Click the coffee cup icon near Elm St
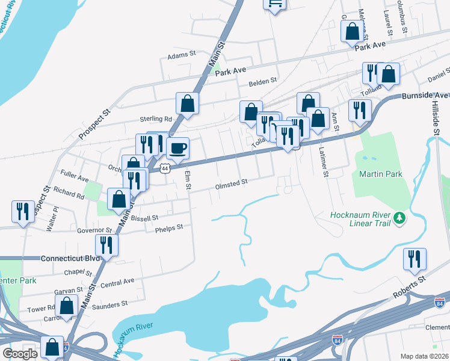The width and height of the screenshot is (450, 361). [177, 147]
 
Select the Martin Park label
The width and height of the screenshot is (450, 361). [381, 174]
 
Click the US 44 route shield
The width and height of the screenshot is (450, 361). [165, 168]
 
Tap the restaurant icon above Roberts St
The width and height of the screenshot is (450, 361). [415, 259]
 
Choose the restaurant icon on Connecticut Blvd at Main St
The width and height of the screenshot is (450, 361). [106, 245]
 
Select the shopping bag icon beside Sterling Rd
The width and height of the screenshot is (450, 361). [187, 103]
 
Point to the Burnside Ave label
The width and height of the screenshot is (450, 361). [425, 95]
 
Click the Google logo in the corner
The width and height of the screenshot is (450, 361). [19, 354]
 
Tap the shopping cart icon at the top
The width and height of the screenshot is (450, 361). [274, 3]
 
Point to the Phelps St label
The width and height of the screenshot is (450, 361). [168, 229]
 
